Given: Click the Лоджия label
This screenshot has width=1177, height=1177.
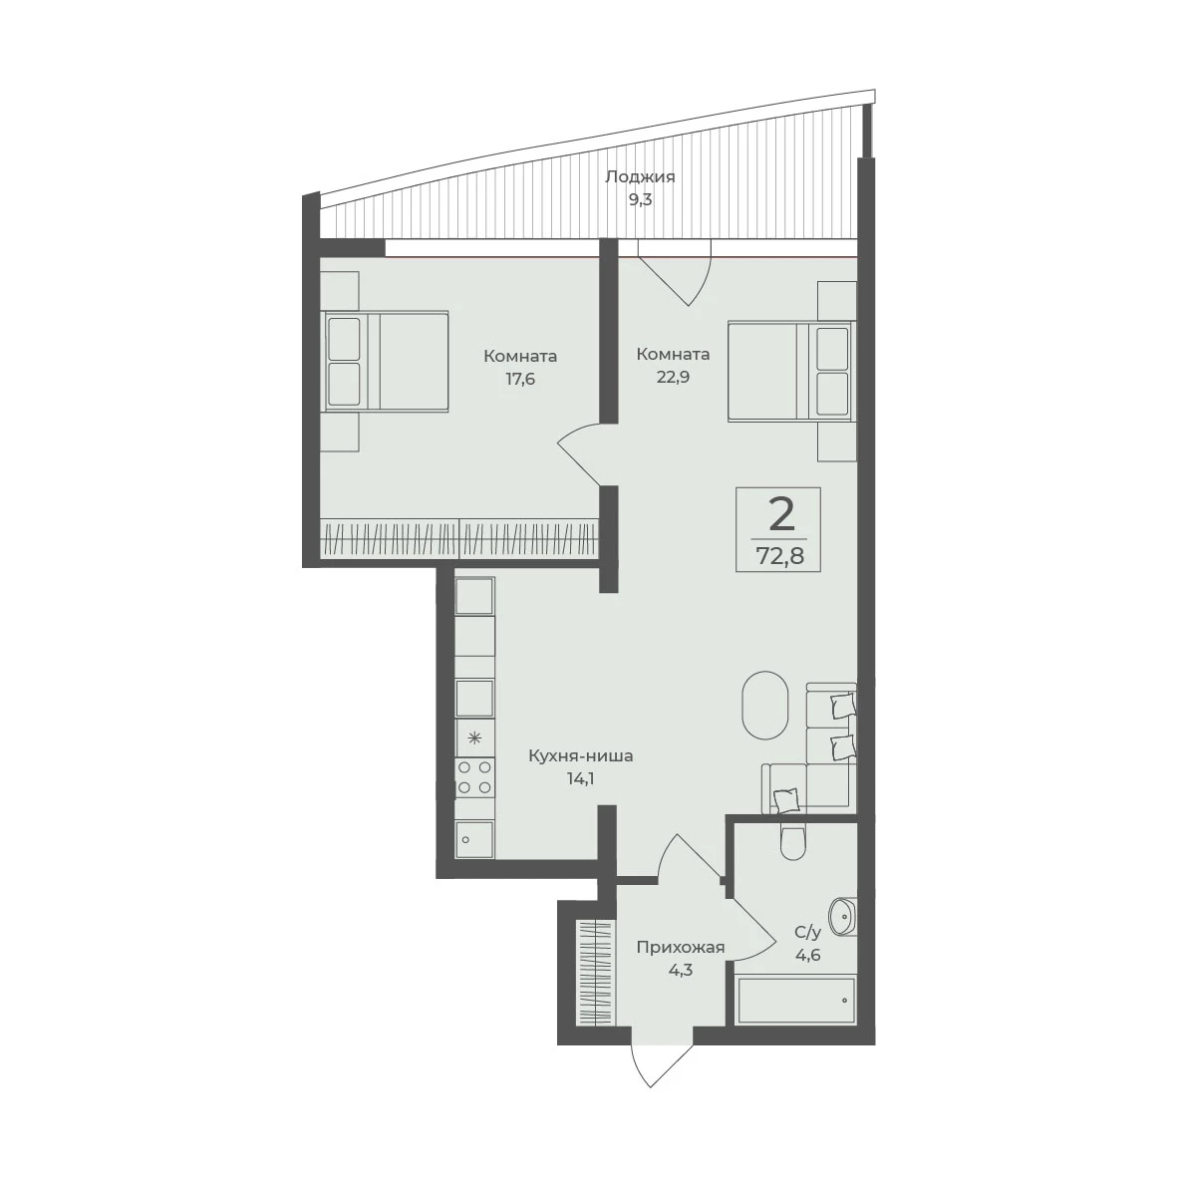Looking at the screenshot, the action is [640, 177].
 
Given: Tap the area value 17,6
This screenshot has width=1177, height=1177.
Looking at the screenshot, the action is [519, 379].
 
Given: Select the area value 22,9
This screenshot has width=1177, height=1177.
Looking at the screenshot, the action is [673, 377].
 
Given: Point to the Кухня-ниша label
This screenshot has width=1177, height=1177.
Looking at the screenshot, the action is [580, 755].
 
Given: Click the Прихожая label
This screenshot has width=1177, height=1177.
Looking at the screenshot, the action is [680, 948].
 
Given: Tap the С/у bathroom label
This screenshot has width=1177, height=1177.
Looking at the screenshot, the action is [808, 933].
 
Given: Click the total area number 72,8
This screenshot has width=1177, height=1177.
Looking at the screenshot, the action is [778, 557].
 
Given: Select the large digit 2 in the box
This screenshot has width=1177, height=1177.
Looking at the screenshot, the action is [780, 515].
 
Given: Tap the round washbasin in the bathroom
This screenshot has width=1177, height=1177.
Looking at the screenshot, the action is [842, 917].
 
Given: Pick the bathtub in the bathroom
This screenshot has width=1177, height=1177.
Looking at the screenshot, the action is [795, 1000].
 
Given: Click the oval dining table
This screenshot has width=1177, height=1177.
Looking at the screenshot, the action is [764, 705].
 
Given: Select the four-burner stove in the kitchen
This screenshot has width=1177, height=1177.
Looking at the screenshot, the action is [475, 777].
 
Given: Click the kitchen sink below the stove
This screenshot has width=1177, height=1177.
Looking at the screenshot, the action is [475, 839].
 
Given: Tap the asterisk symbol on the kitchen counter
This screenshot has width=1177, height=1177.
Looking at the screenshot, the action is [474, 737].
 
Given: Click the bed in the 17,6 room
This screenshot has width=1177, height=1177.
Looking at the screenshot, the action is [386, 361].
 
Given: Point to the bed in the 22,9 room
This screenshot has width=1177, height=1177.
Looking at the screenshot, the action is [790, 371].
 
